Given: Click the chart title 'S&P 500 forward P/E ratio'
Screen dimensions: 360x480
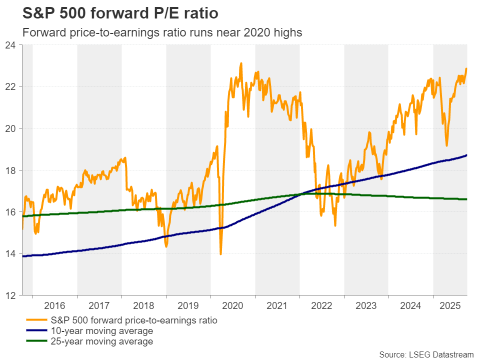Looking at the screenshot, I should (x=115, y=12).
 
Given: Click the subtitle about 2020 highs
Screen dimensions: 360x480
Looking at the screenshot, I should (x=160, y=32).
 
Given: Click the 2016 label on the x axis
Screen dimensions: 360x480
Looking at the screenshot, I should (x=55, y=305).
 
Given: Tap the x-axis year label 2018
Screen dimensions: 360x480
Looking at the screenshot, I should (x=144, y=305).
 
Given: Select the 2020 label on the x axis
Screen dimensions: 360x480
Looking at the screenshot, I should (x=233, y=305).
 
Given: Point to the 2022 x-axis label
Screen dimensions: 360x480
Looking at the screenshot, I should (x=322, y=305).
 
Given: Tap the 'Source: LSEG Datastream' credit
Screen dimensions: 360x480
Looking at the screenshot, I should (x=426, y=354).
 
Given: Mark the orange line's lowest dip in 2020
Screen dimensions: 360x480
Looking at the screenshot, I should (x=221, y=254).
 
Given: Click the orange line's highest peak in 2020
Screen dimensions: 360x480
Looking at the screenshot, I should (x=241, y=63).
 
